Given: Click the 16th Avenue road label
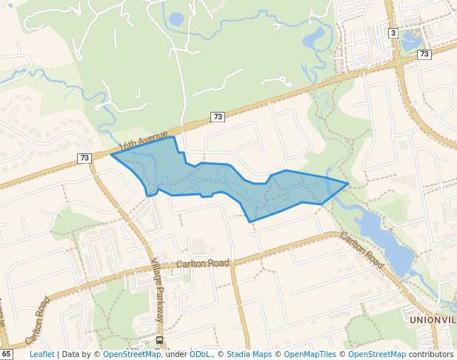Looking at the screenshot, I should pos(144,140).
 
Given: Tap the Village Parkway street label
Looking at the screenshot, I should pos(158,290).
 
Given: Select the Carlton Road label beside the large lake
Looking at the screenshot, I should pos(363,250).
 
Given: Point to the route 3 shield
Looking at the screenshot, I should pos(393,33).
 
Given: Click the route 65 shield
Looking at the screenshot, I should pos(7,354).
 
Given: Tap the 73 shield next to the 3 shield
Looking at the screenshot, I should pos(424,54).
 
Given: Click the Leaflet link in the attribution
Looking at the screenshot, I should pos(41,354).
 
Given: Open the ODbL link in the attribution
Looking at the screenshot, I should pos(199,354).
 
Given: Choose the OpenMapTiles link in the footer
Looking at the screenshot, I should pos(311,354).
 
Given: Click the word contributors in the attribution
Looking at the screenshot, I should pos(430,354).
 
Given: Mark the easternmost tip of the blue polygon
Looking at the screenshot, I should pos(348,183).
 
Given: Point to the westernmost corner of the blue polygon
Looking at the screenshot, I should pos(111,155).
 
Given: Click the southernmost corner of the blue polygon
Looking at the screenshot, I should pos(250,221).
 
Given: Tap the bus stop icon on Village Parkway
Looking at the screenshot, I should pos(159,340).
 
